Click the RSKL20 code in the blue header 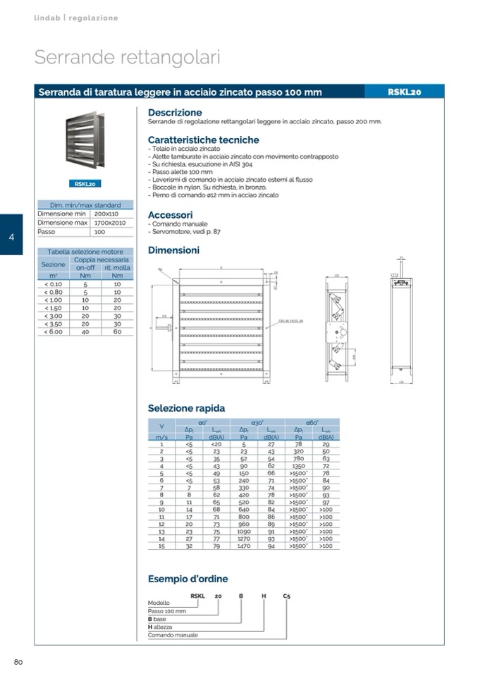[x=404, y=92]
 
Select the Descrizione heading [x=175, y=112]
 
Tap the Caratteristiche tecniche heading [x=203, y=140]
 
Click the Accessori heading [x=170, y=214]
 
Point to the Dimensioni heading [x=173, y=250]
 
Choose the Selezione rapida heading [x=186, y=407]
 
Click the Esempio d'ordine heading [x=188, y=579]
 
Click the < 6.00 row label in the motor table [x=53, y=331]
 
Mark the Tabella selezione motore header [x=85, y=252]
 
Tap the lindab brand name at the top [x=47, y=18]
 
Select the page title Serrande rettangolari [x=127, y=57]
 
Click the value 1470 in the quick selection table [x=244, y=546]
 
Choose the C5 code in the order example [x=286, y=596]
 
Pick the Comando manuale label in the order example [x=173, y=635]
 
